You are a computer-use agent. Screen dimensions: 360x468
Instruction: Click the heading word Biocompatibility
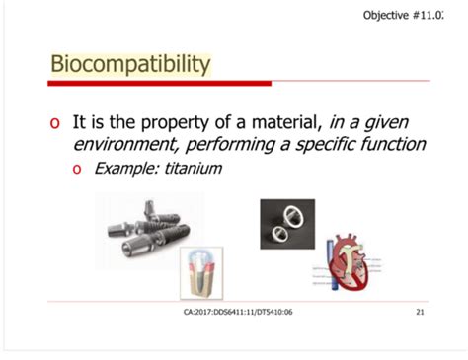130,65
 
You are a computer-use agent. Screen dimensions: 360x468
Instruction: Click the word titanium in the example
192,169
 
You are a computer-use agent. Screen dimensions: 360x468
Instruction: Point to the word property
189,123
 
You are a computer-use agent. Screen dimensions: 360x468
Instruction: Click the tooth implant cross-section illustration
201,272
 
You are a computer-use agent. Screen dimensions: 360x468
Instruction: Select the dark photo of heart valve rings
287,224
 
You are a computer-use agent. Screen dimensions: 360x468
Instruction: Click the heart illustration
351,264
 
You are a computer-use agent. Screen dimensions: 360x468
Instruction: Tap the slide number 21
420,312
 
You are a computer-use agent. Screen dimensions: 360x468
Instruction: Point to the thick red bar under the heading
158,83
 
